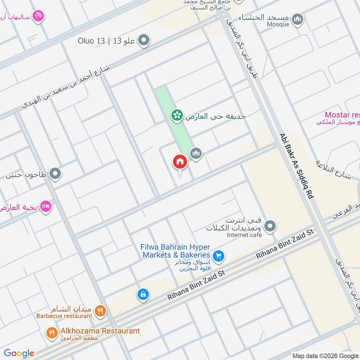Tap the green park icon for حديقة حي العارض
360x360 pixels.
177,116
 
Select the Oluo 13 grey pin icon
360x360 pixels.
144,41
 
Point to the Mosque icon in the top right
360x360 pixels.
297,19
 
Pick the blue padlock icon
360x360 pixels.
142,295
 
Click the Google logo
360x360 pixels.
19,353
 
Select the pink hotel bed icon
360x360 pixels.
46,207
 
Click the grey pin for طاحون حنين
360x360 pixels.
55,173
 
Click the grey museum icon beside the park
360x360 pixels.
196,154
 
